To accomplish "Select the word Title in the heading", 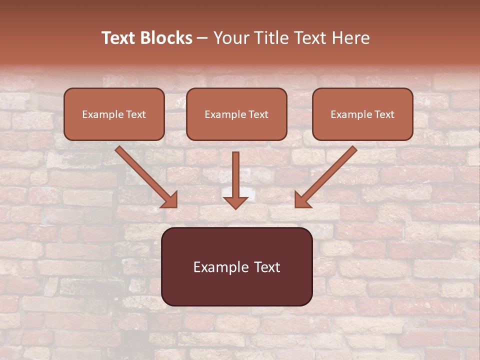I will tap(272, 38).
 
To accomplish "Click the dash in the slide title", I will tap(202, 38).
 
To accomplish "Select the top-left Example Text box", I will tap(114, 114).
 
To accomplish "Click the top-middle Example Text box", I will tap(236, 114).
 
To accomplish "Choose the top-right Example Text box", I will tap(362, 114).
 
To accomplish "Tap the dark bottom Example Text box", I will tap(236, 266).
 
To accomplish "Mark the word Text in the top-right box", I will tap(384, 114).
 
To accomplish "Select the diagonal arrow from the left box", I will tap(145, 175).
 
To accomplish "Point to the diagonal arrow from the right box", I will tap(327, 175).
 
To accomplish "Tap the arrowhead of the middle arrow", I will tap(235, 202).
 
